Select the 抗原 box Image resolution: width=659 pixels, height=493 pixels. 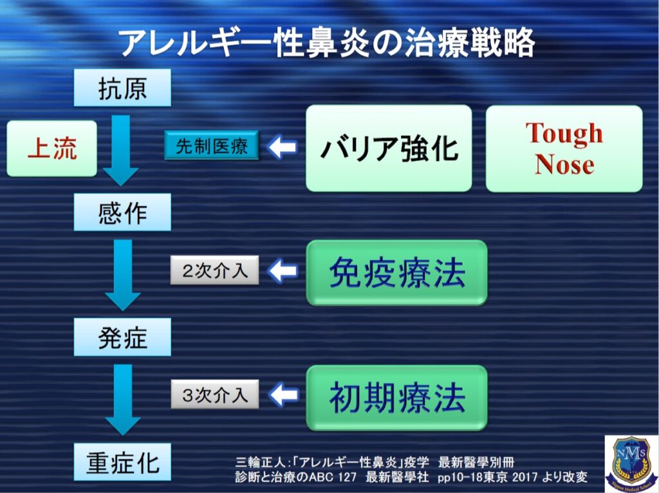(x=122, y=88)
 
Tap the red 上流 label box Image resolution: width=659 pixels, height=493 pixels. (x=52, y=149)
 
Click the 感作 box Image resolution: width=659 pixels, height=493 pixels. (x=122, y=212)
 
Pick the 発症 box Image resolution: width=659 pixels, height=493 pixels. (x=122, y=337)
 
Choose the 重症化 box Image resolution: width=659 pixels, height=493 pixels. (x=122, y=462)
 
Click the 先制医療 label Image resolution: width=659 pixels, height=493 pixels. (x=212, y=147)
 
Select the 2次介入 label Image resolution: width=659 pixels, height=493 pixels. (x=215, y=271)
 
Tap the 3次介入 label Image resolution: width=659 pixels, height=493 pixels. (x=215, y=395)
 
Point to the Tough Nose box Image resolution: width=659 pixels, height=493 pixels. (x=564, y=149)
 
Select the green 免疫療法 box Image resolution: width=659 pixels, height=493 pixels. (x=396, y=274)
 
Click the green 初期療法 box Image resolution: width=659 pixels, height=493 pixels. (x=396, y=398)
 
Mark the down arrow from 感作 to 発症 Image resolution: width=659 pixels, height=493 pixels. (x=122, y=274)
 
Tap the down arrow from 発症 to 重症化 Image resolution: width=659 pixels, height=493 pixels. (x=122, y=399)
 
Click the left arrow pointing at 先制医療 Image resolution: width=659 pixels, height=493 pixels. (x=282, y=147)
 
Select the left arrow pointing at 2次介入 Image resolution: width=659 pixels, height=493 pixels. (x=282, y=271)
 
